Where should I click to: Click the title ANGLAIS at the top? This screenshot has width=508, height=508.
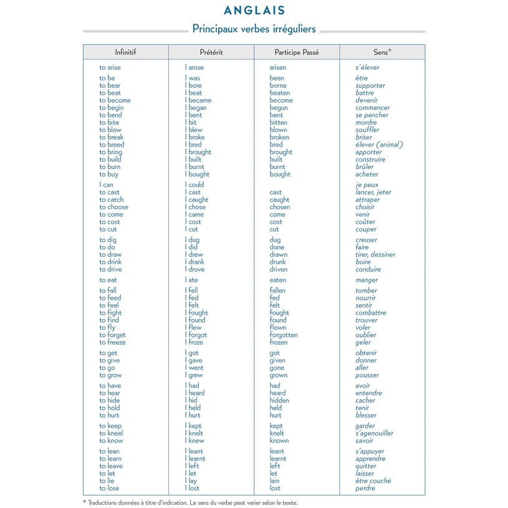(254, 11)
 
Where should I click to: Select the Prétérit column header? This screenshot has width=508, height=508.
(211, 52)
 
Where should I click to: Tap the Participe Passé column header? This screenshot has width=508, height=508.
(297, 52)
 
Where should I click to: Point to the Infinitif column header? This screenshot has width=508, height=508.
(125, 52)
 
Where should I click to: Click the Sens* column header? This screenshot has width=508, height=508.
(382, 52)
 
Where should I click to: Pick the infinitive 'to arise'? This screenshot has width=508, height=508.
(110, 67)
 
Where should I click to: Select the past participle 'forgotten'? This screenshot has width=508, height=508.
(284, 335)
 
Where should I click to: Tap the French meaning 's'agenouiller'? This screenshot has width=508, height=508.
(375, 433)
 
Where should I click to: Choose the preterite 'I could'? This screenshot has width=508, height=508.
(194, 185)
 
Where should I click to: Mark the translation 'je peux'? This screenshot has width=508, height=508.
(367, 185)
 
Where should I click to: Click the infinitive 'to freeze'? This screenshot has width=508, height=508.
(112, 342)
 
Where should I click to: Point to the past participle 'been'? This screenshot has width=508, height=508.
(277, 78)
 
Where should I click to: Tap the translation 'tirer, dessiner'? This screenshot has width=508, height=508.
(375, 254)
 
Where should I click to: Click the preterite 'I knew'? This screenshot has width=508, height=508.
(194, 441)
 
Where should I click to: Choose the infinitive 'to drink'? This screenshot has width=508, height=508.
(110, 262)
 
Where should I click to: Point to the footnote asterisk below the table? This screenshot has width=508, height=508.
(85, 502)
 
